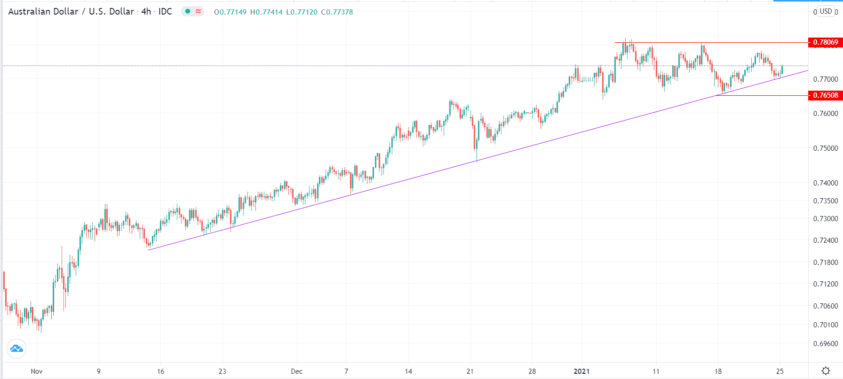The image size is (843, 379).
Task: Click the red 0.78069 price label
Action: tap(825, 42)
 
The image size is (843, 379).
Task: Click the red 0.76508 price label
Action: tap(825, 95)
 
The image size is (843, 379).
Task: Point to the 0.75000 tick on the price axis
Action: tap(826, 148)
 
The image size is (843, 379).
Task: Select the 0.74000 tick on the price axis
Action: tap(826, 183)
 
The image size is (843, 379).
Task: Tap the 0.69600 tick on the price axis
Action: tap(826, 344)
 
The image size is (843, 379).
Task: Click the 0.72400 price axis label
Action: tap(826, 240)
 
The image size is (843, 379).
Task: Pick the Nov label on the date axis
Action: tap(37, 371)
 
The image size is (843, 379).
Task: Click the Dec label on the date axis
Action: tap(297, 371)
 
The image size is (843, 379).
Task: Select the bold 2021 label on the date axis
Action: tap(582, 371)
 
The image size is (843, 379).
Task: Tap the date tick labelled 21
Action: tap(470, 371)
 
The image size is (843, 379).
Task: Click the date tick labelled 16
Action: tap(161, 371)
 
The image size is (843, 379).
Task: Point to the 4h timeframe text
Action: tap(146, 12)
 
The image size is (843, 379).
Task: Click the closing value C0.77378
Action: tap(337, 12)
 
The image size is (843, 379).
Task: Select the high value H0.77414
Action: tap(266, 12)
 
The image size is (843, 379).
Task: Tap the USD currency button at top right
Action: tap(826, 11)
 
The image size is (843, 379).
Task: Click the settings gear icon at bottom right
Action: tap(826, 371)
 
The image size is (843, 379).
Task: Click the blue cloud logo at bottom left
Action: tap(16, 348)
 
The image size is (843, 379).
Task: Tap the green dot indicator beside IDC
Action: tap(188, 11)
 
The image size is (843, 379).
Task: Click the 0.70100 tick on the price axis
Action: tap(826, 325)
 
